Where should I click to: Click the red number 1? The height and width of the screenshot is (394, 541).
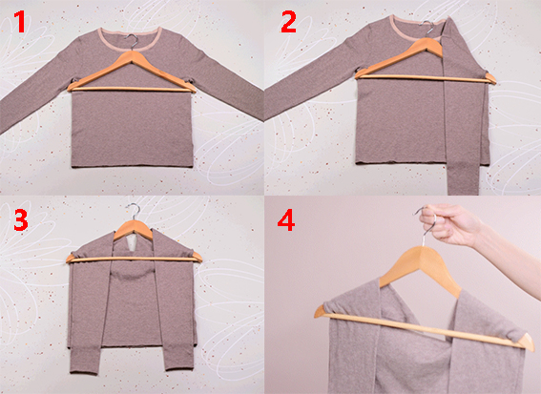pos(20,22)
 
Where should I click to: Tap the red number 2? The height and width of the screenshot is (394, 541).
pos(288,22)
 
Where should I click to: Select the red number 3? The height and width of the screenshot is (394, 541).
pos(21,219)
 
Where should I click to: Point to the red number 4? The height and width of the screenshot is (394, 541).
pos(286,219)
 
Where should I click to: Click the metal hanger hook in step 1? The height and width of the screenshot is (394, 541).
pos(133,41)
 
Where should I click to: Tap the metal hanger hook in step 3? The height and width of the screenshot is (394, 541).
pos(134,211)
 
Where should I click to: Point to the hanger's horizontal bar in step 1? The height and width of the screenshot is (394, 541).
pos(131,89)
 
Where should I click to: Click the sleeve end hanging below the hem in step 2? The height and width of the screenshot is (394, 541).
pos(464,179)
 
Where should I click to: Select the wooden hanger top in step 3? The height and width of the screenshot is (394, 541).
pos(134,228)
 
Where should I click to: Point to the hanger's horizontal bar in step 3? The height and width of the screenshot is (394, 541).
pos(134,259)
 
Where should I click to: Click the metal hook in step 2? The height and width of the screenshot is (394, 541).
pos(427,28)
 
